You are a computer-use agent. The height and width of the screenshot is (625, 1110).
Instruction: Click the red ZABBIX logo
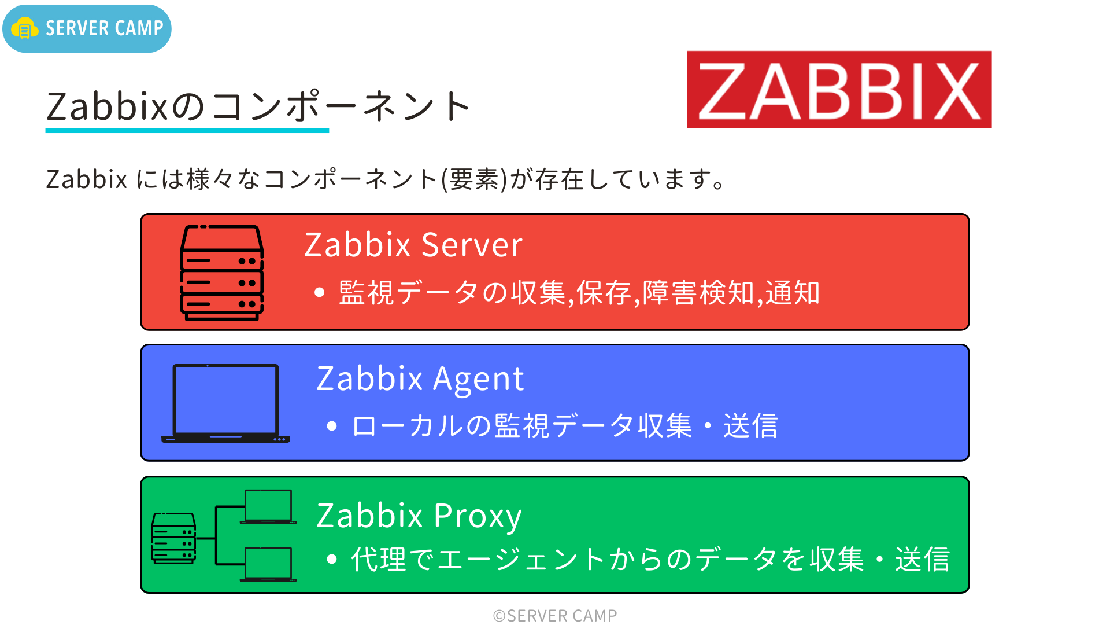tap(839, 90)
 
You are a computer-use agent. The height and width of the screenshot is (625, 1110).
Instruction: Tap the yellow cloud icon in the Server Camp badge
tap(25, 28)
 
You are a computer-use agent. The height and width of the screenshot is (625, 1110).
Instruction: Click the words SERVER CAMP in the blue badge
tap(105, 28)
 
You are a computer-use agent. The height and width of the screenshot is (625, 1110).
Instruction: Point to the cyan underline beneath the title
tap(187, 131)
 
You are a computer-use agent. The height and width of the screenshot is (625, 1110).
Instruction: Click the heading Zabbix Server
tap(413, 245)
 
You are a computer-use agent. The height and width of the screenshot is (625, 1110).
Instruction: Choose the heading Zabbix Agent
tap(420, 379)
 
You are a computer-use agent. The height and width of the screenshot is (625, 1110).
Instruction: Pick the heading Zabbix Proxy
tap(419, 516)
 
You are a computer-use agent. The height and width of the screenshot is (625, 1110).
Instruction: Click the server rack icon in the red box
tap(222, 273)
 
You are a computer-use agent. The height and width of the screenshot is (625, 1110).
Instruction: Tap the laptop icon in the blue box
tap(225, 403)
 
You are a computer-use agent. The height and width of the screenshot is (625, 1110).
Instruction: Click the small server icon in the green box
tap(173, 538)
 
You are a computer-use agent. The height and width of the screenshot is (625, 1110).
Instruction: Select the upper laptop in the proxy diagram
tap(268, 506)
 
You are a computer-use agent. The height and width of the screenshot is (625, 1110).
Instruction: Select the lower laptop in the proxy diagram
tap(268, 564)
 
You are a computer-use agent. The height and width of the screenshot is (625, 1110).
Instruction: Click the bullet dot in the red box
tap(319, 293)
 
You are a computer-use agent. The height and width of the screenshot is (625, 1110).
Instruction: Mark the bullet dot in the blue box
tap(331, 427)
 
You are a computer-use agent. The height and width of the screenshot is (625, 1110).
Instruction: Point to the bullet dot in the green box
tap(331, 559)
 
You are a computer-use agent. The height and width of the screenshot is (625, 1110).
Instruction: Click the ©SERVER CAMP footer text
tap(555, 616)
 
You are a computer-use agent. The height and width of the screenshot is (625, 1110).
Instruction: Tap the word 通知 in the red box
tap(793, 293)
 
